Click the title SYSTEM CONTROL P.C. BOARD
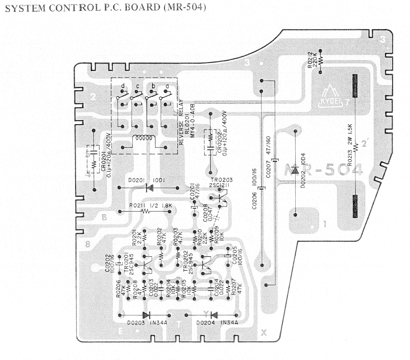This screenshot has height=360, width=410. [x=105, y=9]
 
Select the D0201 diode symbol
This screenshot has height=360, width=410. [x=148, y=188]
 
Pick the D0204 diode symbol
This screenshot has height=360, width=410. [x=214, y=315]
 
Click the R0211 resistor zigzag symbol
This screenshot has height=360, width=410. [x=146, y=211]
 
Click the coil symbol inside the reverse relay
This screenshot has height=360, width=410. [x=144, y=140]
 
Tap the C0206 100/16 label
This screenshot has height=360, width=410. [x=254, y=188]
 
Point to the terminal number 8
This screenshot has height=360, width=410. [x=87, y=244]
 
